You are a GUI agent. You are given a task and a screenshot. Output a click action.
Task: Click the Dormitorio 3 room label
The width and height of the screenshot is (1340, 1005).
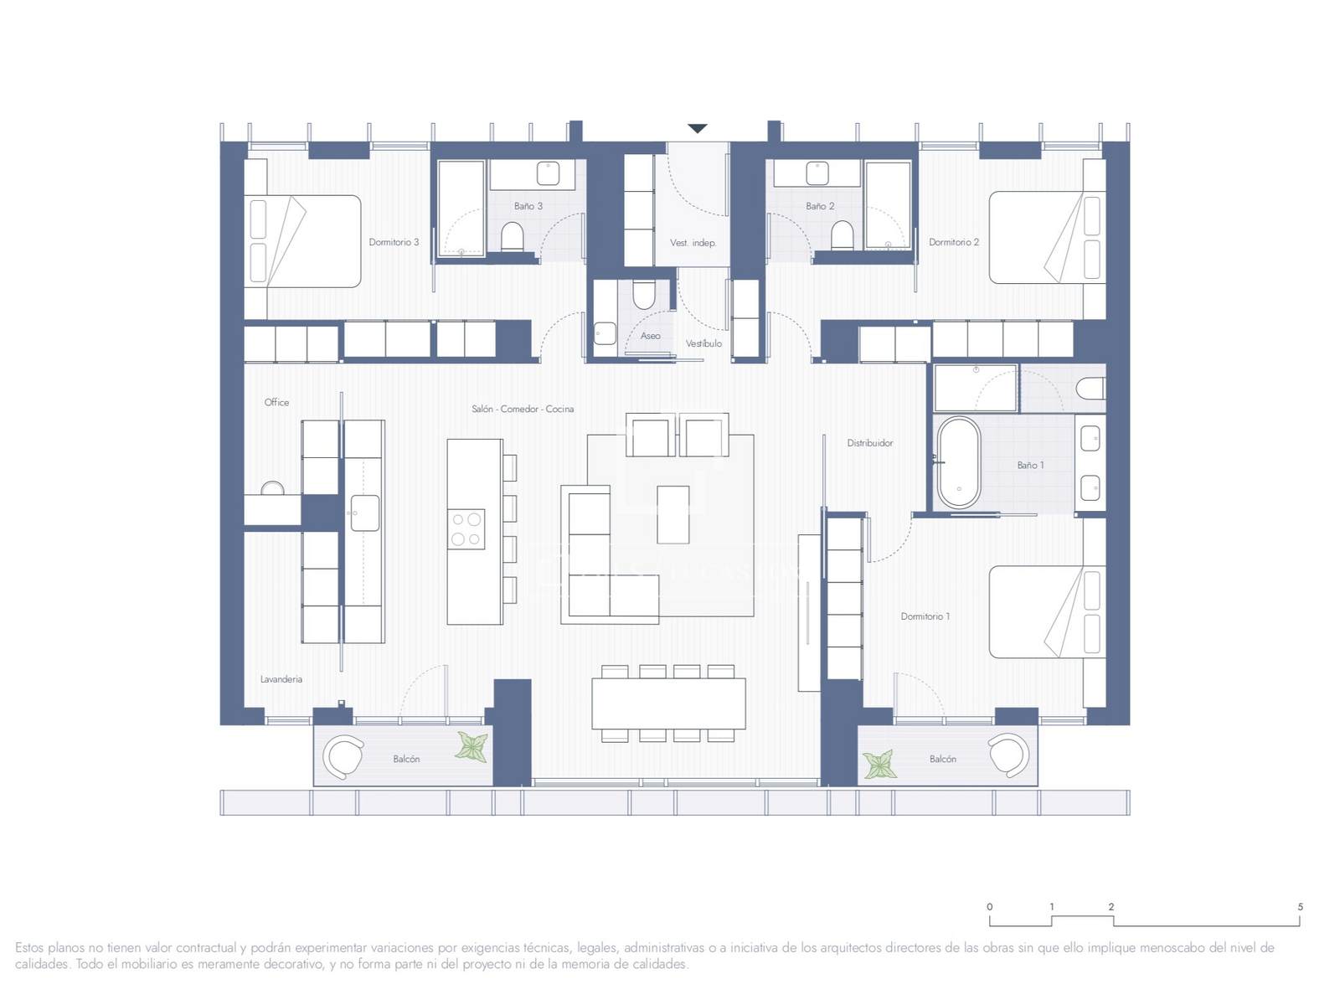394,242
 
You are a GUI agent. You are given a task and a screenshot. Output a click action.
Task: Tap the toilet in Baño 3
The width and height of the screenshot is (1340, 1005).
513,236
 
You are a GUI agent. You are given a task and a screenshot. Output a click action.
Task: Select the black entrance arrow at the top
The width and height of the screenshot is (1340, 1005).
697,128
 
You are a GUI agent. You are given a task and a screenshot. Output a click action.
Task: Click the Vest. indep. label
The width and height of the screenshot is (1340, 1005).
693,243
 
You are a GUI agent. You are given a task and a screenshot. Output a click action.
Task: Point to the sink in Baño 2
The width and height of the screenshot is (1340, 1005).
817,173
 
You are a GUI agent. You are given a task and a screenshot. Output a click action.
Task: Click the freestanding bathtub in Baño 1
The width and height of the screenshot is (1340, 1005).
958,462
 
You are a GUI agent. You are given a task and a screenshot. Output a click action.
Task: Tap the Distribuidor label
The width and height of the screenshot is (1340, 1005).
870,443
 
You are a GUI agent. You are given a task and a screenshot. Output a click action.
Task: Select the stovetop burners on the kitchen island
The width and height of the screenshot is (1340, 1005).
466,529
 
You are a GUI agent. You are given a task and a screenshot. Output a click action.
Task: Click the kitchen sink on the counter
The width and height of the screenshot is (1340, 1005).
364,513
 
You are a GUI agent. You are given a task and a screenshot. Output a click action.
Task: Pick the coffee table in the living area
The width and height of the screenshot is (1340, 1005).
673,514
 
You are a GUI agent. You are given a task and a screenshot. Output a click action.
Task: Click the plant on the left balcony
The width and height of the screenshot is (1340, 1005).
472,747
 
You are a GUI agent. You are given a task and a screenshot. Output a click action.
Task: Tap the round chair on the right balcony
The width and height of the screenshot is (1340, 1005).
1008,756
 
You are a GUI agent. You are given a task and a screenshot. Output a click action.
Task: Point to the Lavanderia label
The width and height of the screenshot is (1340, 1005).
281,679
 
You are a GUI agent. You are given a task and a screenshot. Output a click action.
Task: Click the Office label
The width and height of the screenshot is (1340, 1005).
276,402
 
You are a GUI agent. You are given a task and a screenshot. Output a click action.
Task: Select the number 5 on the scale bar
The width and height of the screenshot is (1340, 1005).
1300,907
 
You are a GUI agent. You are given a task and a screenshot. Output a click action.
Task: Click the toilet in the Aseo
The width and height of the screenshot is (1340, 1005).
643,295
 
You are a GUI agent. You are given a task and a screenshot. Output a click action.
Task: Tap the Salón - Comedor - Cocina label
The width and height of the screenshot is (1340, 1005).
523,409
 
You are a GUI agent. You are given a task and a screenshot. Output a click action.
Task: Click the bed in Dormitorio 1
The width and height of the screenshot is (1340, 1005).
1047,611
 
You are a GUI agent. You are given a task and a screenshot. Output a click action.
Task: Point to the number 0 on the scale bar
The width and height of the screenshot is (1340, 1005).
990,907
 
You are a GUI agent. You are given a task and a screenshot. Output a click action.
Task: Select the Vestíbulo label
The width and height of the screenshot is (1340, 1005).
703,343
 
